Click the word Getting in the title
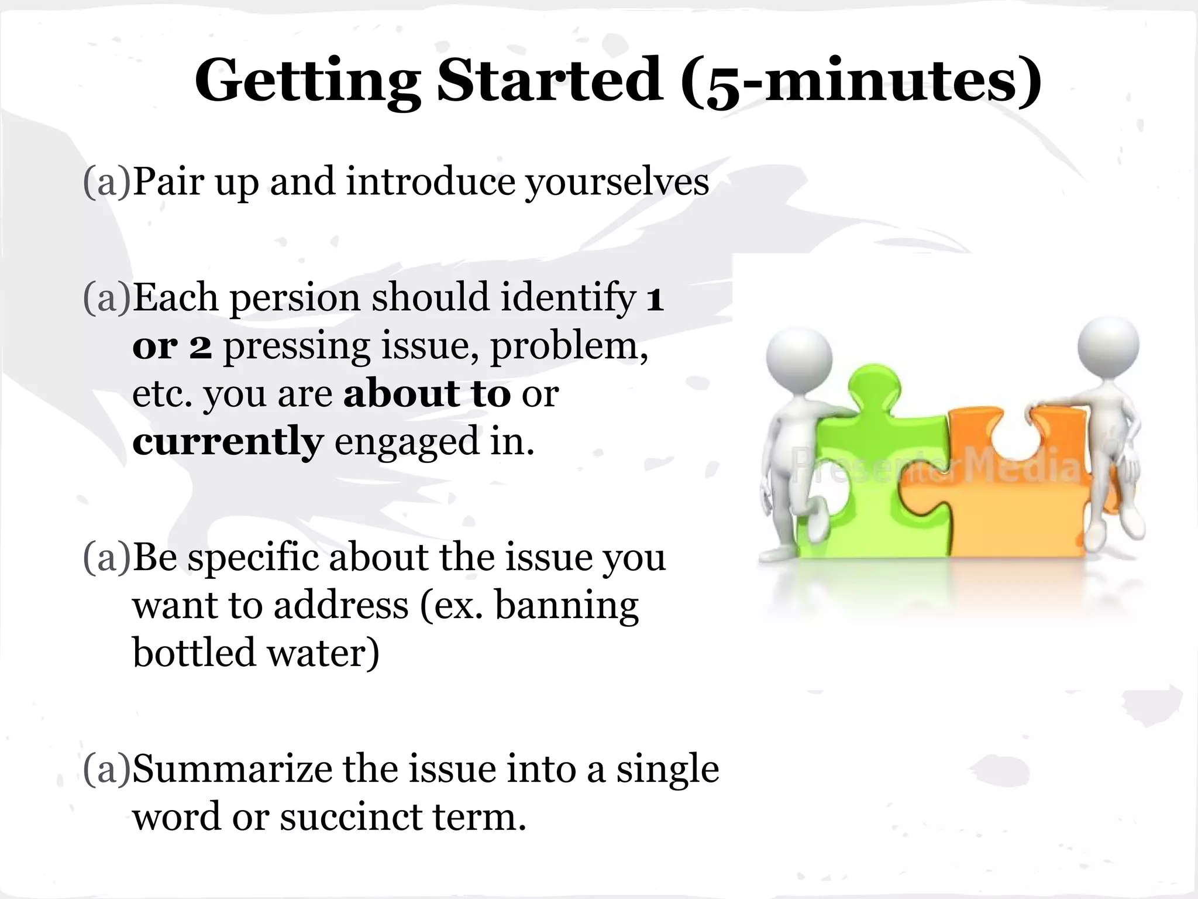[x=307, y=81]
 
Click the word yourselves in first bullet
[x=617, y=183]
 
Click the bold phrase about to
[x=427, y=393]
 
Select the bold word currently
[x=228, y=442]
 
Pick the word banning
[x=566, y=605]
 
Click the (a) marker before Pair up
[x=107, y=183]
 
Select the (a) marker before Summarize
[x=107, y=769]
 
